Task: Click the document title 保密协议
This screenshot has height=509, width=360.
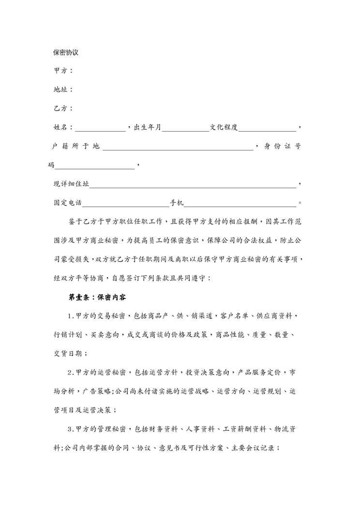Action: [66, 52]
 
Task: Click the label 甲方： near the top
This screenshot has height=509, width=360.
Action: [63, 71]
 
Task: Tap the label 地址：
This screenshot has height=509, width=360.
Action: [63, 90]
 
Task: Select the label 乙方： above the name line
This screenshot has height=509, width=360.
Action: [63, 108]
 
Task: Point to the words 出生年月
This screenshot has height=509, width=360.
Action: [148, 127]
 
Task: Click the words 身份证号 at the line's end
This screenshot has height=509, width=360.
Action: [284, 146]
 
